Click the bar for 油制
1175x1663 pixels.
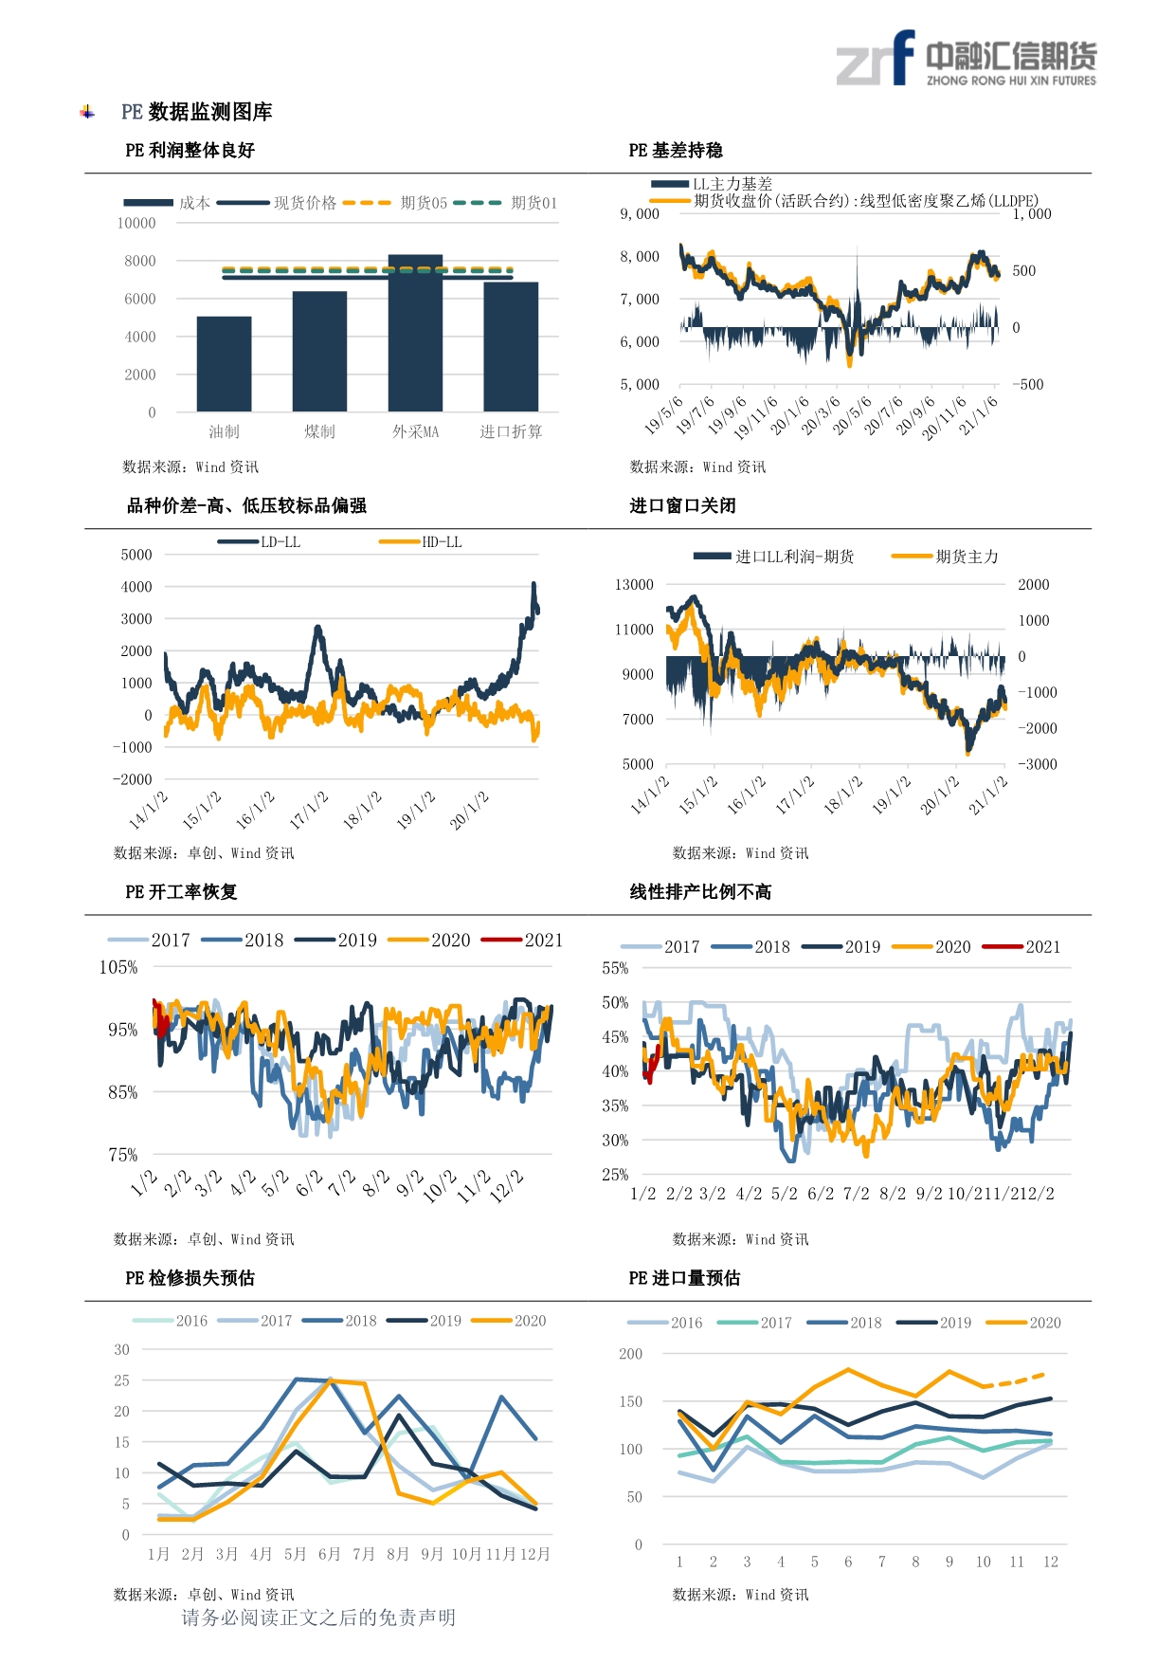tap(224, 364)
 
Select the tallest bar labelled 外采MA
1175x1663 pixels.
tap(415, 333)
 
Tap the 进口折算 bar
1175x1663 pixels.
tap(511, 347)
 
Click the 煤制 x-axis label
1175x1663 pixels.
tap(319, 432)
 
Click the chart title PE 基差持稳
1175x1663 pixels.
tap(676, 151)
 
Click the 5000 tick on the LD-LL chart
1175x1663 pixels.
tap(136, 555)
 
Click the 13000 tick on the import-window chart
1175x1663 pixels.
tap(634, 585)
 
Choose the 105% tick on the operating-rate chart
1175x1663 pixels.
tap(118, 968)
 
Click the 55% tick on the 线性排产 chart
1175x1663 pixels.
tap(615, 969)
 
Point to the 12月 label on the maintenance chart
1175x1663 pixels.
tap(534, 1554)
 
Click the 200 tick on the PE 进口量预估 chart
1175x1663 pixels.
tap(630, 1354)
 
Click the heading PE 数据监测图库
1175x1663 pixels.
tap(196, 112)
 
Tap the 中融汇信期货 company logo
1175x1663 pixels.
tap(966, 59)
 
